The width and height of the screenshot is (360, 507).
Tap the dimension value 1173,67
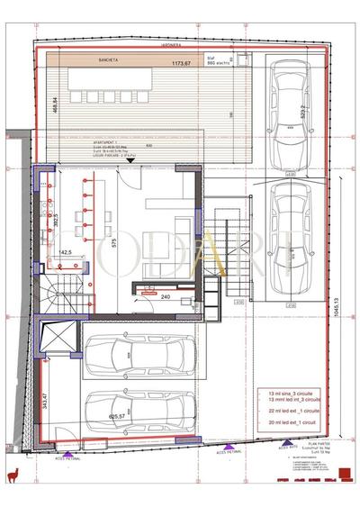(185, 64)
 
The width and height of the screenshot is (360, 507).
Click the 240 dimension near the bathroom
(165, 294)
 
